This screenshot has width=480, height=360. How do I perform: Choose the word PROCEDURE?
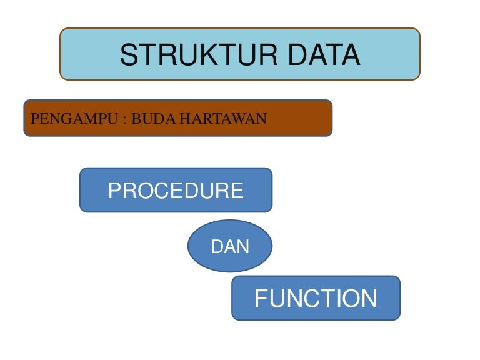[x=176, y=191]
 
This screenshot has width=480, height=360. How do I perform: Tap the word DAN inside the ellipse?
[x=230, y=247]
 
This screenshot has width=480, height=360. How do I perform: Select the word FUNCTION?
[x=316, y=299]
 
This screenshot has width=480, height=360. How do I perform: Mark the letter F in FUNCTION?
[x=261, y=299]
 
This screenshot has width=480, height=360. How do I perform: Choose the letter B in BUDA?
[x=134, y=118]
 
